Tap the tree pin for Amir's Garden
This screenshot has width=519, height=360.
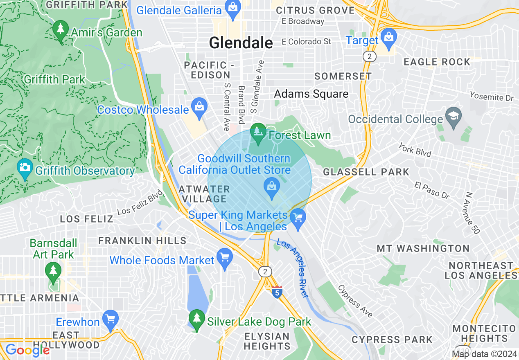[61, 31]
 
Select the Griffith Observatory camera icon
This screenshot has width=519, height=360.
[25, 169]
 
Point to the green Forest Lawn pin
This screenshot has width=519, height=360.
[258, 133]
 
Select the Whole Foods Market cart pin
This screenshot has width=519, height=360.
[224, 258]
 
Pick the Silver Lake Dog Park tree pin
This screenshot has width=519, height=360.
[197, 320]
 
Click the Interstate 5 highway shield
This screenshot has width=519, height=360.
[278, 292]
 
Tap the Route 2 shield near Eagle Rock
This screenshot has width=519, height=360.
[370, 56]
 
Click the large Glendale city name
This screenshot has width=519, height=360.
[241, 43]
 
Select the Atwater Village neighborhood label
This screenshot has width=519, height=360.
[204, 194]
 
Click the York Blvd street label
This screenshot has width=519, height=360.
[415, 151]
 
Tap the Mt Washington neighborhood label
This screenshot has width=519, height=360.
[423, 248]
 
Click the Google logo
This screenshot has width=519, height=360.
[27, 350]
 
